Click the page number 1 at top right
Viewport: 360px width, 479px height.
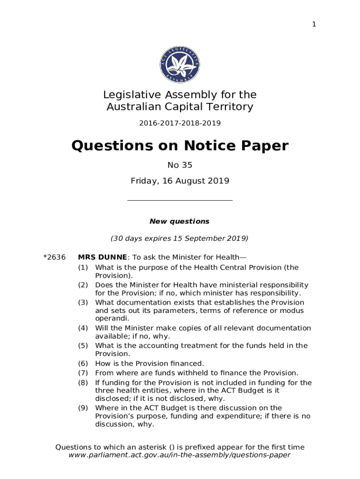click(x=314, y=24)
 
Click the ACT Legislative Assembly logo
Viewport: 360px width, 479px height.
click(x=180, y=65)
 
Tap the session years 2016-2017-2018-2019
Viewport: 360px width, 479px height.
click(x=180, y=123)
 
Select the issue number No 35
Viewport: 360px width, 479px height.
click(x=180, y=165)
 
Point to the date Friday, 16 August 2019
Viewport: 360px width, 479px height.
click(x=180, y=181)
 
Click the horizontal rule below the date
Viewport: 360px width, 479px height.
click(x=180, y=201)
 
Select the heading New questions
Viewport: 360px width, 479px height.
click(x=180, y=221)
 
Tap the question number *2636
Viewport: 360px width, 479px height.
click(x=54, y=257)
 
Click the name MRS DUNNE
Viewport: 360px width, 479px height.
click(x=102, y=257)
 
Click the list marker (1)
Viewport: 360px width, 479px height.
click(x=83, y=268)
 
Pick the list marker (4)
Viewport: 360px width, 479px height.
click(x=83, y=328)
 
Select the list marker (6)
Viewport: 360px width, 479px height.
click(x=83, y=363)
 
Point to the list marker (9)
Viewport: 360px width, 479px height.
click(x=83, y=408)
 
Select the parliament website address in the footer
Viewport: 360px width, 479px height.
click(x=180, y=455)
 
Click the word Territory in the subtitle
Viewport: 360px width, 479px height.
click(x=230, y=107)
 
